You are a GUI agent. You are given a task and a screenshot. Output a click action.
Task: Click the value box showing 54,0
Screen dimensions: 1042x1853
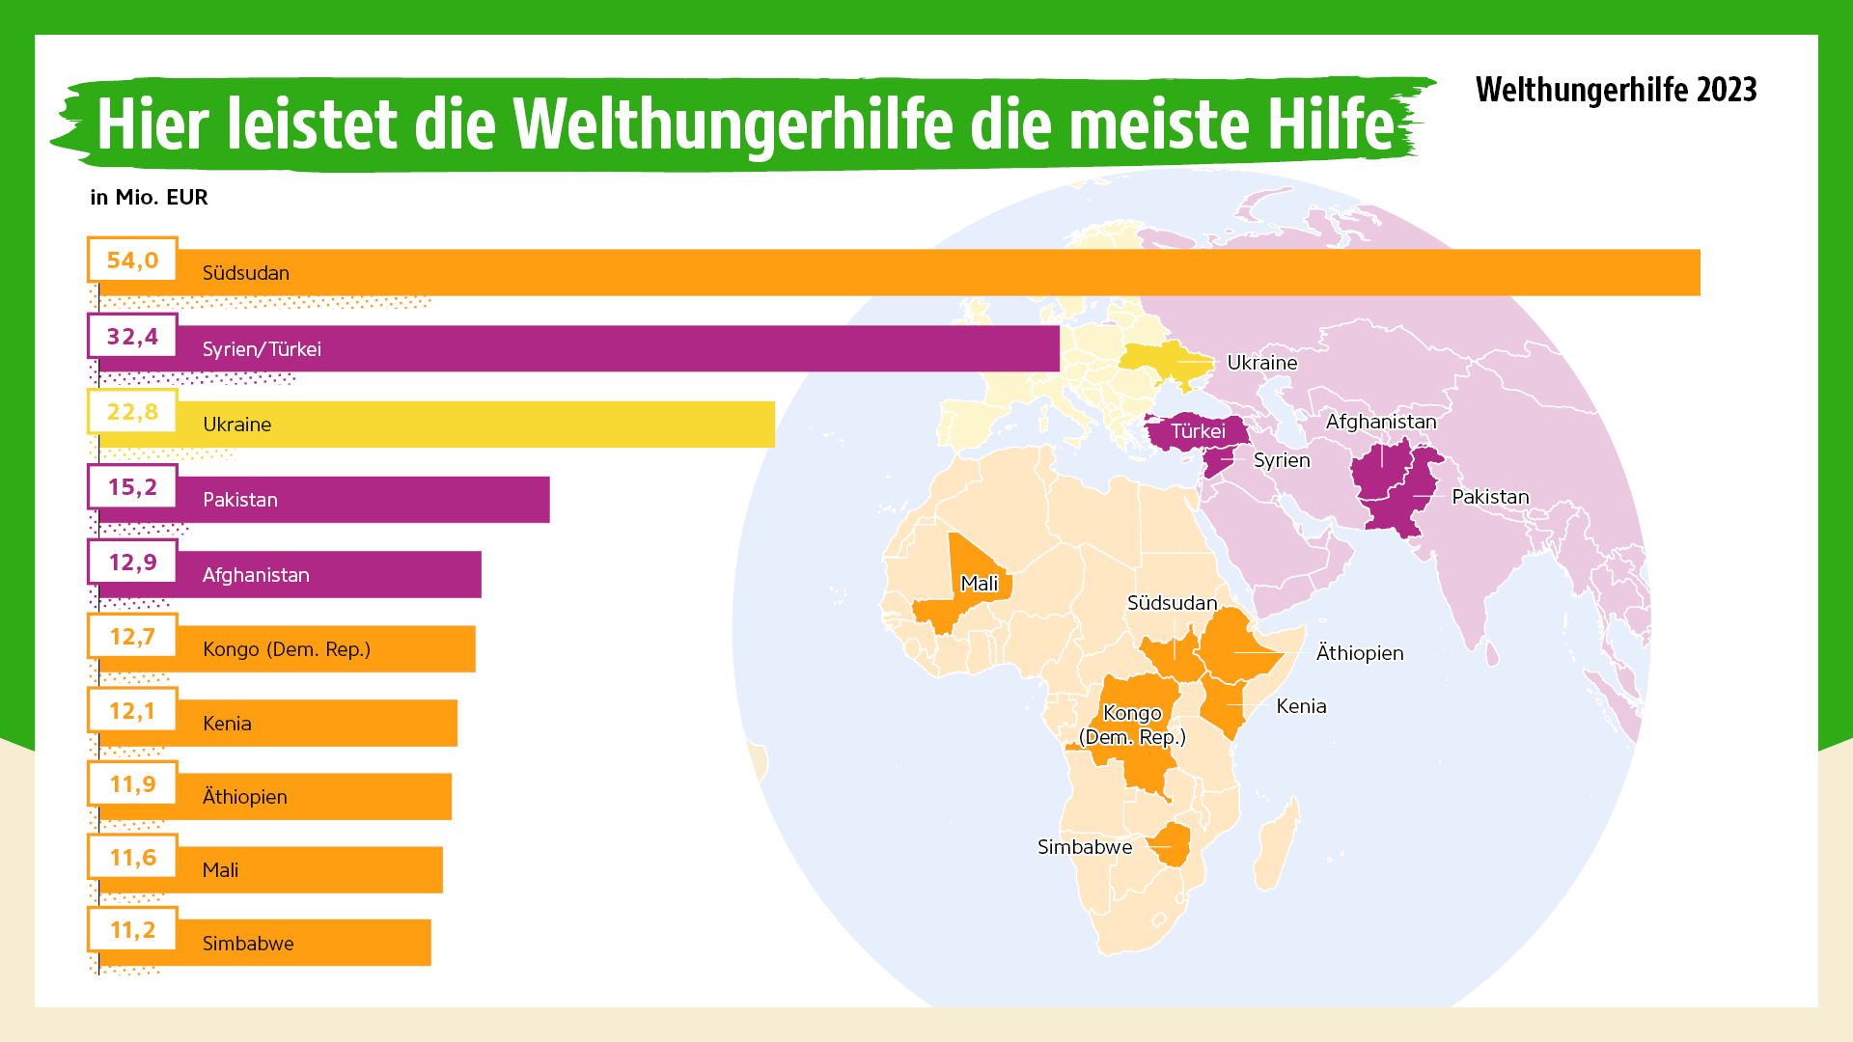(x=132, y=260)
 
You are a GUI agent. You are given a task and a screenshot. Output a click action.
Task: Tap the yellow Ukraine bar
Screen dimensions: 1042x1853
(x=483, y=425)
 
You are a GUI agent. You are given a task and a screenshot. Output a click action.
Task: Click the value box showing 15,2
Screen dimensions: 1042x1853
(x=132, y=487)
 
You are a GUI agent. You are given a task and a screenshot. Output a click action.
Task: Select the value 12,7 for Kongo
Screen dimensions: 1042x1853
(x=132, y=637)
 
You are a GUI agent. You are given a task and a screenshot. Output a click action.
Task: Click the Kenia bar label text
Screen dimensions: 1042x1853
(x=227, y=724)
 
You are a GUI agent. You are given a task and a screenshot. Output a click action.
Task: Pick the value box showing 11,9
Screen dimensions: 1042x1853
(x=132, y=784)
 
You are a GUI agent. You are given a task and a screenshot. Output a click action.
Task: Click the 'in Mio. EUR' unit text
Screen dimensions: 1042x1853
(x=149, y=197)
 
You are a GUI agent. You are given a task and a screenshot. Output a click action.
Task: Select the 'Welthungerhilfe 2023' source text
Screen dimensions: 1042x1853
(x=1616, y=90)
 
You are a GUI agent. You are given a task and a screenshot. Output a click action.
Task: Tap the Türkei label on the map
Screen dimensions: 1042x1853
(x=1198, y=431)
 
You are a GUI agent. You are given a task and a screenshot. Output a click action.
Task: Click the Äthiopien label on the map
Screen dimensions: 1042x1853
(x=1359, y=653)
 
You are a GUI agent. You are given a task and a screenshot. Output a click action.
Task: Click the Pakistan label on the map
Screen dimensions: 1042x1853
(x=1490, y=497)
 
